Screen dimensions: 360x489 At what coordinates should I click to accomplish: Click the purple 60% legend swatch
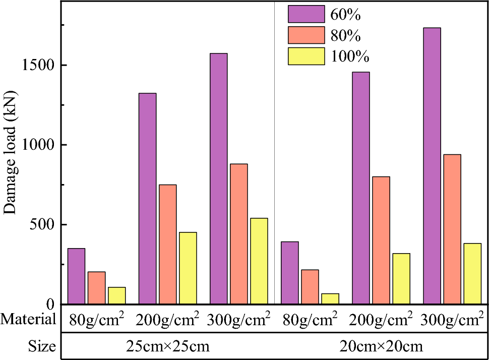(x=306, y=14)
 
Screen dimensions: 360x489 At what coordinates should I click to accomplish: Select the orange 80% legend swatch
(x=306, y=35)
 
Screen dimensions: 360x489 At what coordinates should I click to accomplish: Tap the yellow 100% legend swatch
(x=306, y=56)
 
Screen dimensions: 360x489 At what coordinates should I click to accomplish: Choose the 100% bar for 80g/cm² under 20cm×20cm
(x=330, y=298)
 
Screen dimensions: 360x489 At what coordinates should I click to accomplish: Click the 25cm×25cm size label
(x=167, y=347)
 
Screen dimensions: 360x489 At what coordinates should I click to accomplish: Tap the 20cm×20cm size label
(x=381, y=347)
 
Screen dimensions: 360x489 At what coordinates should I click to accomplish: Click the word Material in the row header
(x=28, y=319)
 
